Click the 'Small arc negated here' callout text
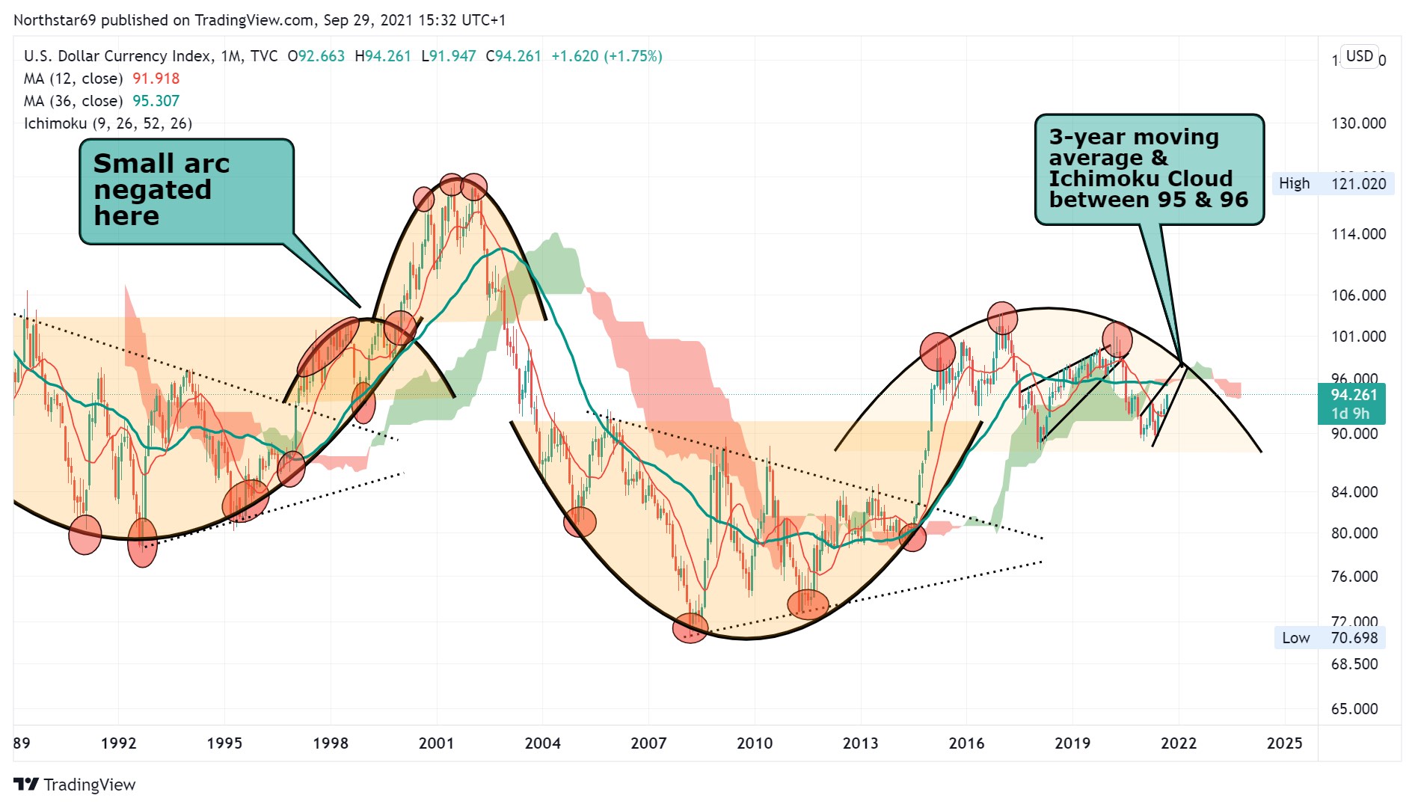coord(162,189)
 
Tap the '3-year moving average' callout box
coord(1149,168)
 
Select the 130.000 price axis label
coord(1358,123)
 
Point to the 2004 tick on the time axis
coord(542,743)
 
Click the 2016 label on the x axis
coord(966,743)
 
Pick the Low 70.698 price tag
coord(1330,638)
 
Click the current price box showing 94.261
coord(1352,404)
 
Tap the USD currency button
coord(1359,56)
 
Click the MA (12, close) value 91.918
coord(156,79)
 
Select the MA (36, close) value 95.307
coord(156,101)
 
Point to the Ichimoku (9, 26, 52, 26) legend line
coord(108,123)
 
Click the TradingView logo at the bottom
coord(75,785)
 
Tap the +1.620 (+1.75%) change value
coord(607,56)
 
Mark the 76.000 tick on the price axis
coord(1354,577)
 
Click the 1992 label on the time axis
coord(118,743)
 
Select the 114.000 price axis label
coord(1358,234)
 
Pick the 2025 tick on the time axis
coord(1284,743)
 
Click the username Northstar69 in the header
coord(55,20)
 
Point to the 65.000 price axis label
coord(1354,709)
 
